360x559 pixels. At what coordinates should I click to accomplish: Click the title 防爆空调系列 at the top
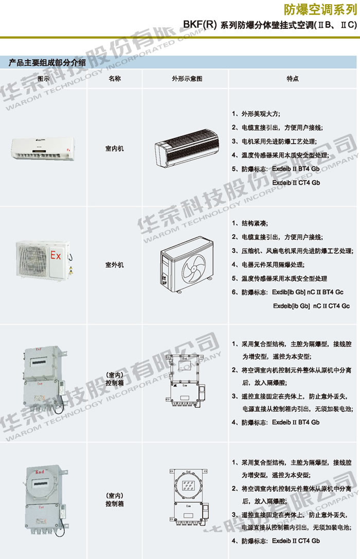click(320, 10)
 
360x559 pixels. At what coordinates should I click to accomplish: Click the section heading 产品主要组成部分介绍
click(47, 63)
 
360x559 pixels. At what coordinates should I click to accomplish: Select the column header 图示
click(43, 79)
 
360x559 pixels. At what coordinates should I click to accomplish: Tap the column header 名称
click(115, 78)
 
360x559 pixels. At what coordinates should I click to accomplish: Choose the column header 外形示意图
click(187, 79)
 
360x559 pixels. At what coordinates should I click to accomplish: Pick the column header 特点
click(293, 78)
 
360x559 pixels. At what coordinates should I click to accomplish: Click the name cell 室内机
click(114, 148)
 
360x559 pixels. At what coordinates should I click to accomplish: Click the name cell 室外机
click(114, 265)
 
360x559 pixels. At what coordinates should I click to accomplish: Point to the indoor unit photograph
click(43, 149)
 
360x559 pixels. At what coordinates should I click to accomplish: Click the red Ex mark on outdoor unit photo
click(56, 255)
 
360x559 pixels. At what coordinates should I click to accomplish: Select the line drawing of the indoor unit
click(187, 148)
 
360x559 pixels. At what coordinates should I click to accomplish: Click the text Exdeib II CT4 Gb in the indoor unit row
click(296, 183)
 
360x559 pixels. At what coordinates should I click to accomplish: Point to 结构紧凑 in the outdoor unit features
click(254, 223)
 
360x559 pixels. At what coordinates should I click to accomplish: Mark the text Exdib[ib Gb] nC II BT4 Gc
click(308, 292)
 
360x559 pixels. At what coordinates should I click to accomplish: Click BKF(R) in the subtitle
click(200, 25)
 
